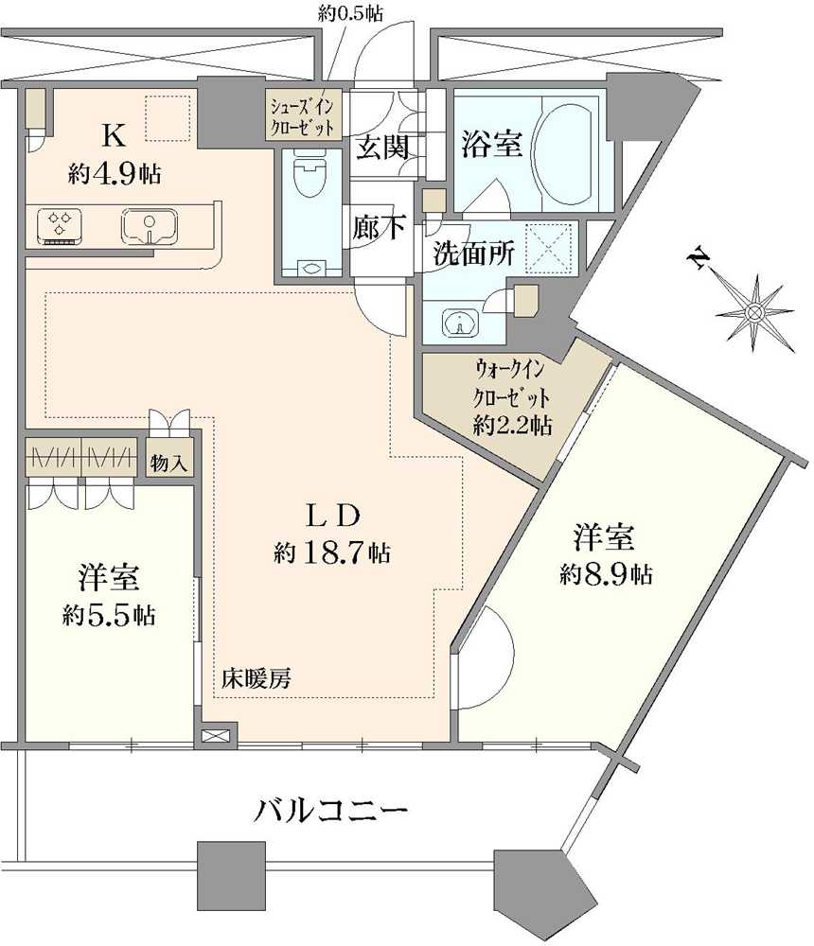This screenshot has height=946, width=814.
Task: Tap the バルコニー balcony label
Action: click(x=331, y=812)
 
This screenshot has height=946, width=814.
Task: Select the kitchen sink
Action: click(x=147, y=226)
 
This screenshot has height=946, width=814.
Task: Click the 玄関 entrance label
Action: click(x=381, y=147)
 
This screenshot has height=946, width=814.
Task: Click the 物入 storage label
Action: click(x=170, y=464)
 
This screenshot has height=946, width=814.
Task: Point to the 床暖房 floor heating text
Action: click(x=256, y=677)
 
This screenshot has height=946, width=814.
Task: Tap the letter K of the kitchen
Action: click(x=113, y=136)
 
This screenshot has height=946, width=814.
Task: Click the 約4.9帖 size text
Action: click(x=113, y=173)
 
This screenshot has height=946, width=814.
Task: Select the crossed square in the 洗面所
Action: click(x=550, y=245)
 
